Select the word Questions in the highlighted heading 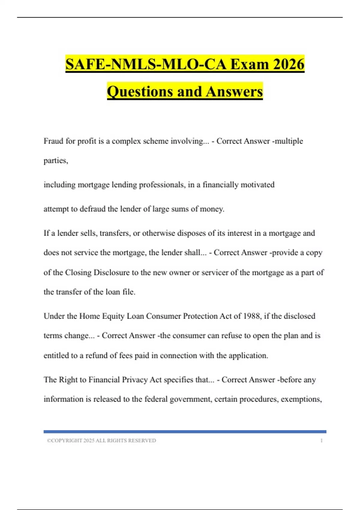(x=140, y=91)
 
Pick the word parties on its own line (x=55, y=160)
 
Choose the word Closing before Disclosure (x=78, y=272)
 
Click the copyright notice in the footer (x=101, y=440)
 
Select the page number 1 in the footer (x=322, y=440)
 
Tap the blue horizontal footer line (x=185, y=432)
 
